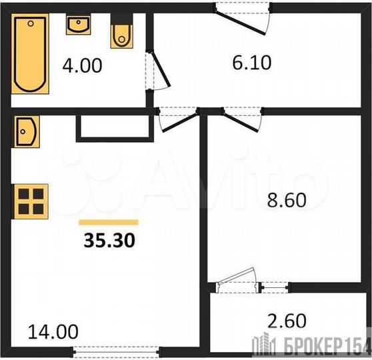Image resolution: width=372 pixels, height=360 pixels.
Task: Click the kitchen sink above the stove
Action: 27,129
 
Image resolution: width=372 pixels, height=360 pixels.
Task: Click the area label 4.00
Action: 81,67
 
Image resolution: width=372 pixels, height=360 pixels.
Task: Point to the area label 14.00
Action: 53,331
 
